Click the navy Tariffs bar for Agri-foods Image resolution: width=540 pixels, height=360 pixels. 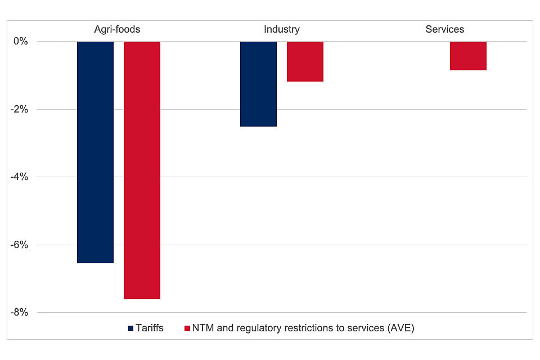point(95,152)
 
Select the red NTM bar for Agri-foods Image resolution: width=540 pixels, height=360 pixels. point(142,170)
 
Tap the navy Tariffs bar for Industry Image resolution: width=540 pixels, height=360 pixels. point(258,84)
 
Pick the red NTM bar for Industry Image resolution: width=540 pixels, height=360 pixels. point(305,61)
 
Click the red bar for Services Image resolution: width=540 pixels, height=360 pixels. point(468,56)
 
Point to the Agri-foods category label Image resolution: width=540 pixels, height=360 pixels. point(117,29)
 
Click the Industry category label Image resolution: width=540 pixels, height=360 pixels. point(282,29)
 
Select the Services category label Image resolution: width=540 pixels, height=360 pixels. point(445,29)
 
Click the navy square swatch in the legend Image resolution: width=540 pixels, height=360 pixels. point(132,328)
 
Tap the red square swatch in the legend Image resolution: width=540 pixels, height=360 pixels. point(187,328)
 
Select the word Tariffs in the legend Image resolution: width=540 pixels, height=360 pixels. point(150,328)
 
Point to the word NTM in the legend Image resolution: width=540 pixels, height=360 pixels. point(202,328)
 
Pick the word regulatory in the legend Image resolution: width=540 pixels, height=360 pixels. point(254,328)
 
